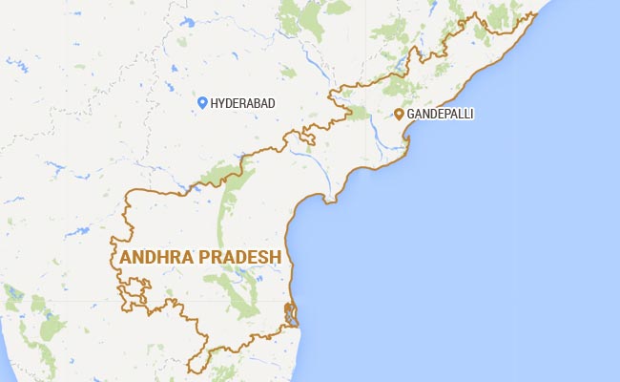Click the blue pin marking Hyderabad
tap(201, 102)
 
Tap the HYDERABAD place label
tap(243, 103)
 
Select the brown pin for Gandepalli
tap(399, 115)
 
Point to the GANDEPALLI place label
tap(440, 115)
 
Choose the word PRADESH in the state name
tap(238, 258)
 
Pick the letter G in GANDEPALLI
tap(411, 115)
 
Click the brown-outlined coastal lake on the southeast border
tap(292, 315)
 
